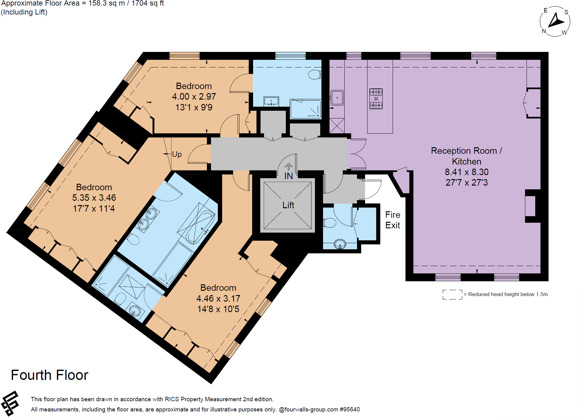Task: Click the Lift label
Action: click(x=288, y=205)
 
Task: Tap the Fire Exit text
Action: click(x=392, y=220)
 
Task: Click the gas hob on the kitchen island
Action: click(x=376, y=99)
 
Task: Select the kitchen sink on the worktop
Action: click(x=337, y=98)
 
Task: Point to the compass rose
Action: click(x=555, y=21)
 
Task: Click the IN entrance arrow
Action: click(x=288, y=167)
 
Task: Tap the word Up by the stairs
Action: click(x=177, y=154)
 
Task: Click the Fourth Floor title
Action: click(x=50, y=375)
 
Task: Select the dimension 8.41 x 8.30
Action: click(x=466, y=172)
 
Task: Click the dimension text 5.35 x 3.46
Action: click(x=94, y=198)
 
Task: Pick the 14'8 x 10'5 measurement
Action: click(x=218, y=309)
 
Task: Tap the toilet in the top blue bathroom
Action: click(x=315, y=75)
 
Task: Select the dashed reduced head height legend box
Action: click(x=452, y=294)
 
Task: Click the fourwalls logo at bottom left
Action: click(x=10, y=403)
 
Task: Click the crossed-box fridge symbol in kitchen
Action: click(x=337, y=126)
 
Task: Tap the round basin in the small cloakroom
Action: click(x=340, y=244)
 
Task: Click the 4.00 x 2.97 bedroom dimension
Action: click(x=194, y=97)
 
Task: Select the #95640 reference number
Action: click(x=350, y=409)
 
